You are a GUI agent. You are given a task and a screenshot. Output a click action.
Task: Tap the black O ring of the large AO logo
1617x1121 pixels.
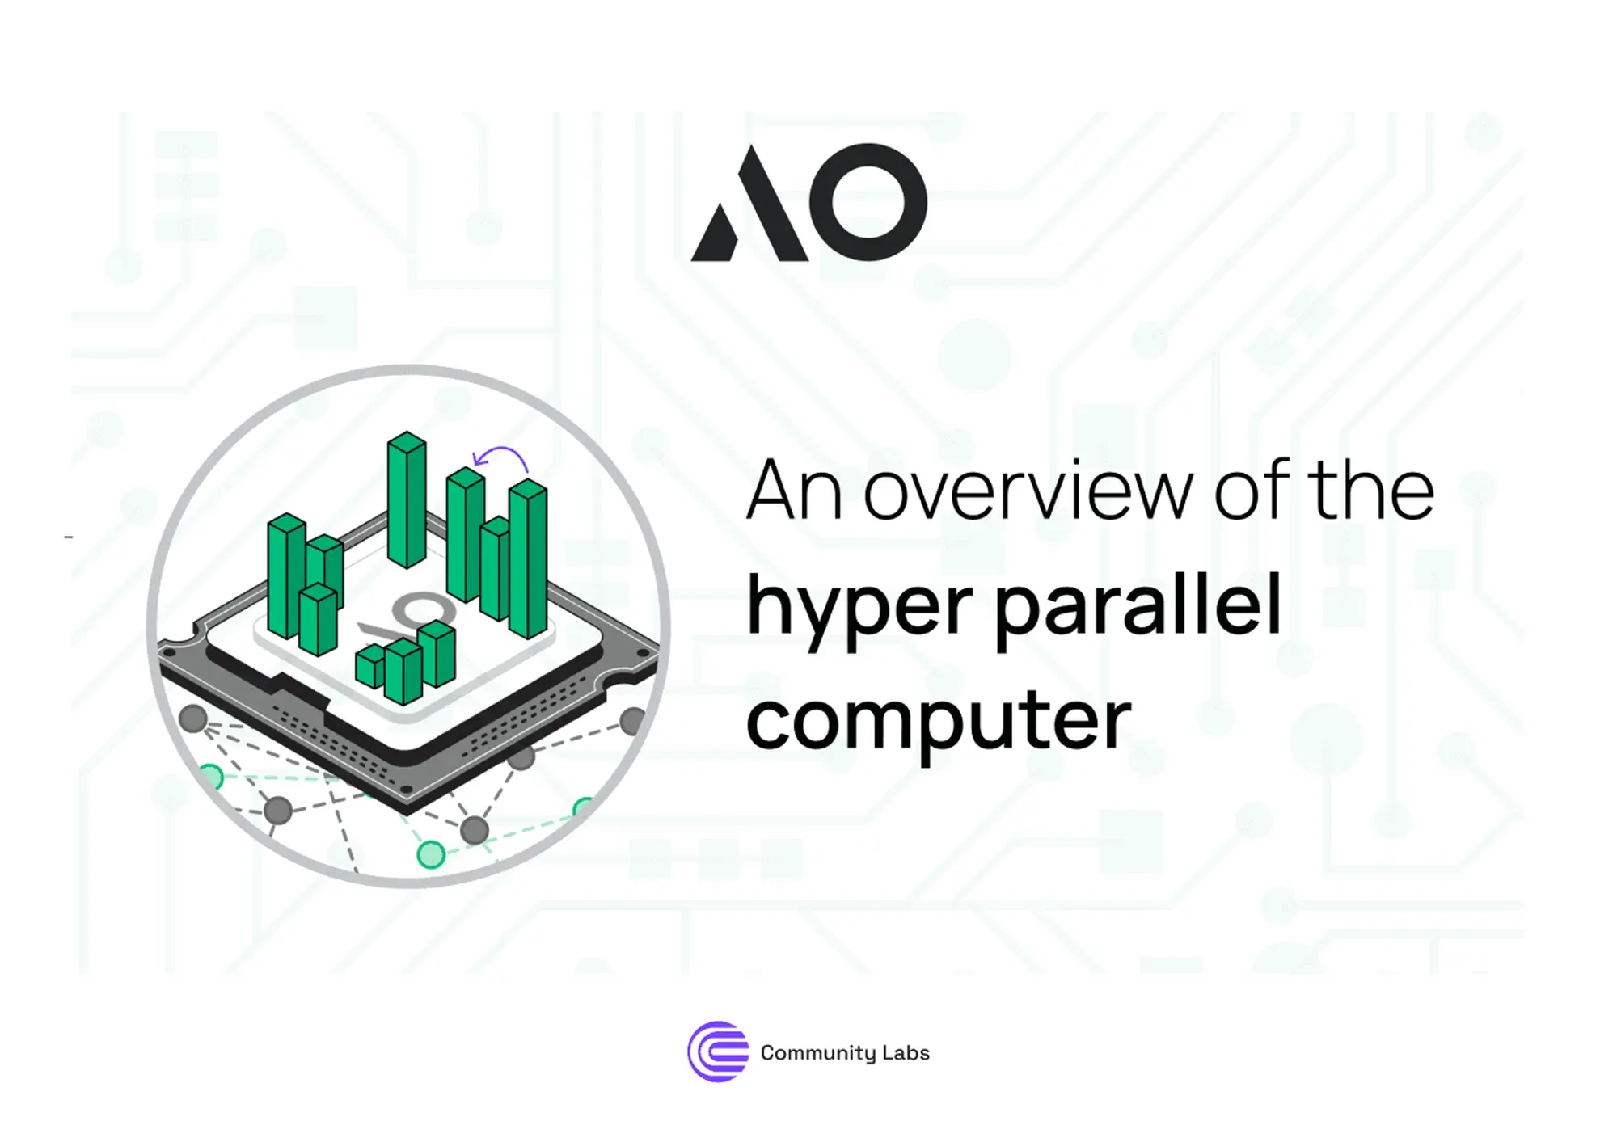coord(868,202)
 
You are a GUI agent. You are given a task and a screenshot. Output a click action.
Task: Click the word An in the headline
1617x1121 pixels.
coord(794,491)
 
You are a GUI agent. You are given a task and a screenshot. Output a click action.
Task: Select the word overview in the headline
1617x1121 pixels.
coord(1028,491)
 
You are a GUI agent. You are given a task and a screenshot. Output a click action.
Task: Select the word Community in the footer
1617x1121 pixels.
coord(818,1053)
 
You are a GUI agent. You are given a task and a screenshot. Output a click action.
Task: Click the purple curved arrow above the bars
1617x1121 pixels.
coord(501,458)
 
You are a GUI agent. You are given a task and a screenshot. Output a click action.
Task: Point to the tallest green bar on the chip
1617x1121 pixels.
coord(407,499)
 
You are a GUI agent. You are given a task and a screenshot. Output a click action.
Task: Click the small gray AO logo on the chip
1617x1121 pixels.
coord(404,618)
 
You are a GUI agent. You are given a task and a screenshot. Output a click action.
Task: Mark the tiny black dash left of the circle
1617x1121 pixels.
coord(69,537)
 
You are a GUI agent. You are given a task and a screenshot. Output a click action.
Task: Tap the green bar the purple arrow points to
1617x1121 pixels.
coord(466,533)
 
